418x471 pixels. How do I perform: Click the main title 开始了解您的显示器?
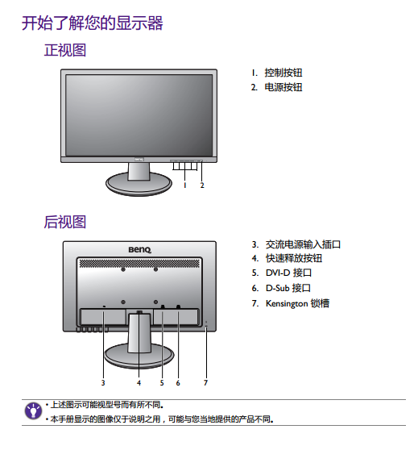tap(92, 23)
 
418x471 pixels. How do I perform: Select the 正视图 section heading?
tap(65, 50)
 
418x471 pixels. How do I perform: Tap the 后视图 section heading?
tap(65, 222)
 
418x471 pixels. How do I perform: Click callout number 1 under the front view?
tap(185, 185)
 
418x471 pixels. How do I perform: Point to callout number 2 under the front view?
tap(202, 185)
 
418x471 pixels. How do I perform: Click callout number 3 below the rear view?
tap(103, 382)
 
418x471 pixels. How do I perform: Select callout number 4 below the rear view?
tap(139, 382)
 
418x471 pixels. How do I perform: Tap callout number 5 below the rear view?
tap(162, 382)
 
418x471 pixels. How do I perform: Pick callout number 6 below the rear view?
tap(178, 382)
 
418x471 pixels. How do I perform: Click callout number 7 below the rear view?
tap(205, 382)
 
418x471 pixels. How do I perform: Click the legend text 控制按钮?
tap(283, 73)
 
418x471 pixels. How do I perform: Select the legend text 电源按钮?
tap(283, 87)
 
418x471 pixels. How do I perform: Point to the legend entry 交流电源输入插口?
tap(303, 244)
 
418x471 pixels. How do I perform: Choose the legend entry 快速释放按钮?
tap(294, 258)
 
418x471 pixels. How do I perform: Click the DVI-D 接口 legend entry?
tap(288, 273)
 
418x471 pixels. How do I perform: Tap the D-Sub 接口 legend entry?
tap(288, 288)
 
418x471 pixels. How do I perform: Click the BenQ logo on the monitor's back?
tap(140, 250)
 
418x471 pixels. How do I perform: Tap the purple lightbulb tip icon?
tap(33, 411)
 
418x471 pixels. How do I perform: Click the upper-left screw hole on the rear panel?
tap(123, 269)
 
